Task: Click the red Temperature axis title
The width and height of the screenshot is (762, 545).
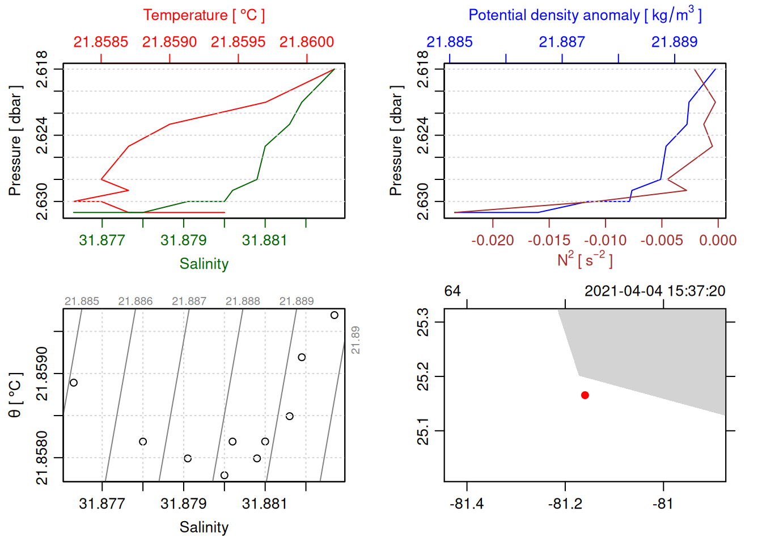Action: pyautogui.click(x=204, y=15)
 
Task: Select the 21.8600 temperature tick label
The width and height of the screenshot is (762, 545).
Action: pyautogui.click(x=307, y=42)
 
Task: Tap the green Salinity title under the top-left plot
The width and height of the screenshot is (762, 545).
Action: pyautogui.click(x=204, y=264)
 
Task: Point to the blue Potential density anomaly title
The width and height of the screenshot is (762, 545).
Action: pyautogui.click(x=585, y=15)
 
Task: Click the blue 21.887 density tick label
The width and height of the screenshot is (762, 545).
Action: pyautogui.click(x=562, y=42)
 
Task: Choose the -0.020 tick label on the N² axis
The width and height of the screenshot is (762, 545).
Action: pyautogui.click(x=492, y=240)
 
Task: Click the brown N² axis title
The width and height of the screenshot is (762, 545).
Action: pyautogui.click(x=585, y=259)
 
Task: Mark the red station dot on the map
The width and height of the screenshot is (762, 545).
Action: pyautogui.click(x=585, y=395)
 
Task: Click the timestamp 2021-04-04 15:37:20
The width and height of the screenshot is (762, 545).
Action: pyautogui.click(x=655, y=291)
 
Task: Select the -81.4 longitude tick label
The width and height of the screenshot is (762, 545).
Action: pyautogui.click(x=467, y=504)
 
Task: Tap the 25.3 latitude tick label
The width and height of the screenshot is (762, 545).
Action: pyautogui.click(x=423, y=322)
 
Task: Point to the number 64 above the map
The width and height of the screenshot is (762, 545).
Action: pyautogui.click(x=452, y=291)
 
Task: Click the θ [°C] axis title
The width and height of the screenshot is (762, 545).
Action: pyautogui.click(x=15, y=395)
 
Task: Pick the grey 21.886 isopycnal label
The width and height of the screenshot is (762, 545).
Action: pyautogui.click(x=136, y=301)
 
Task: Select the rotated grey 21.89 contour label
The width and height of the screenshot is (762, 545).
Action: pyautogui.click(x=355, y=340)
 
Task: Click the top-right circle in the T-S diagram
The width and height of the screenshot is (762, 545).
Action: pyautogui.click(x=335, y=315)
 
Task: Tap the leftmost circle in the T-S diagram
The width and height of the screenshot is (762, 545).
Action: pyautogui.click(x=74, y=383)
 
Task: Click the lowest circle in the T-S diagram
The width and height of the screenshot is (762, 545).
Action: pyautogui.click(x=225, y=475)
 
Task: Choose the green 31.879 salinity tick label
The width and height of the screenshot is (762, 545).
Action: pyautogui.click(x=184, y=240)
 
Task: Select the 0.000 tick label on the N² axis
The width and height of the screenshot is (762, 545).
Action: pyautogui.click(x=718, y=240)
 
